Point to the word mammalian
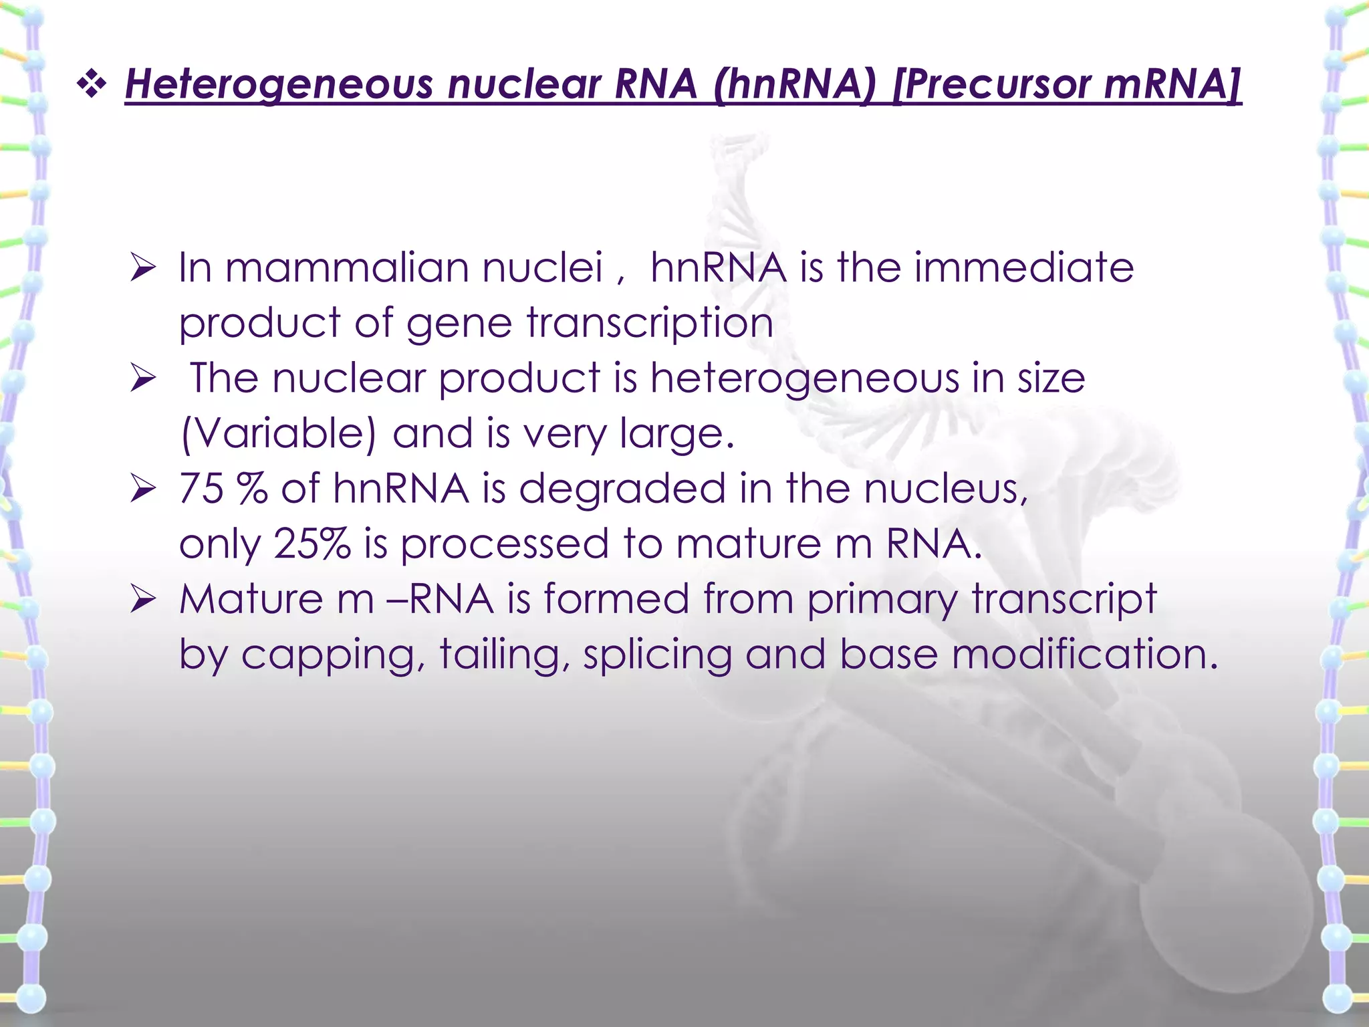pyautogui.click(x=347, y=267)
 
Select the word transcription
pyautogui.click(x=650, y=324)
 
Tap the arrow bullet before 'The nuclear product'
pyautogui.click(x=143, y=378)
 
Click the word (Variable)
pyautogui.click(x=279, y=434)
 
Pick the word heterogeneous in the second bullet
pyautogui.click(x=805, y=379)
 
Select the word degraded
pyautogui.click(x=622, y=488)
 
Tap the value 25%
pyautogui.click(x=312, y=544)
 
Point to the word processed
pyautogui.click(x=505, y=544)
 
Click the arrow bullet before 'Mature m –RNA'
pyautogui.click(x=143, y=599)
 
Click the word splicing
pyautogui.click(x=658, y=654)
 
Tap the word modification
pyautogui.click(x=1084, y=654)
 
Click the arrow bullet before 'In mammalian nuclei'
pyautogui.click(x=143, y=268)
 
